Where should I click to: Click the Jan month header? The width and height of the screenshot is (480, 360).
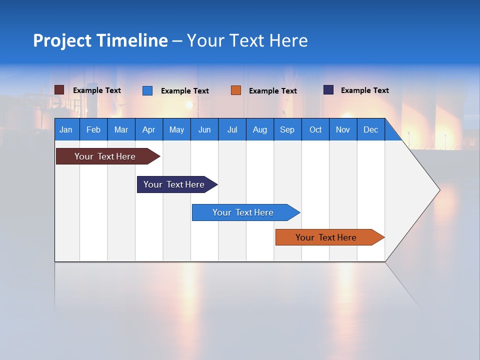tap(66, 129)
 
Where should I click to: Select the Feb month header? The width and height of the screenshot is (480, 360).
tap(93, 129)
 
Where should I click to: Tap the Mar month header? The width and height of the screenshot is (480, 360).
tap(121, 129)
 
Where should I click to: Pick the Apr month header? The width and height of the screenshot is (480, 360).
tap(149, 129)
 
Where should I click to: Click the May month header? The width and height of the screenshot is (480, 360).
tap(176, 129)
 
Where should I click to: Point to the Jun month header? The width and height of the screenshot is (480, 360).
tap(204, 129)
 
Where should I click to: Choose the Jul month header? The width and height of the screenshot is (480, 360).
tap(232, 129)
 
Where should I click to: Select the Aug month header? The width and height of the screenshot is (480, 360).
tap(260, 129)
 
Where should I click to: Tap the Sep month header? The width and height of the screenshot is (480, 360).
tap(287, 129)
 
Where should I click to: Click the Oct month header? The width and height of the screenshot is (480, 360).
tap(315, 129)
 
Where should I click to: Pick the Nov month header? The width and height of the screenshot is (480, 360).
tap(343, 129)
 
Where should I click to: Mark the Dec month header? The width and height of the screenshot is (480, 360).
tap(371, 129)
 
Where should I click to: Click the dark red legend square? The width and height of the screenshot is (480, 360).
tap(59, 90)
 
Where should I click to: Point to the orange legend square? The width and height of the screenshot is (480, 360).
tap(236, 90)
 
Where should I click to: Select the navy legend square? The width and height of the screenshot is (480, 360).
tap(328, 90)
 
